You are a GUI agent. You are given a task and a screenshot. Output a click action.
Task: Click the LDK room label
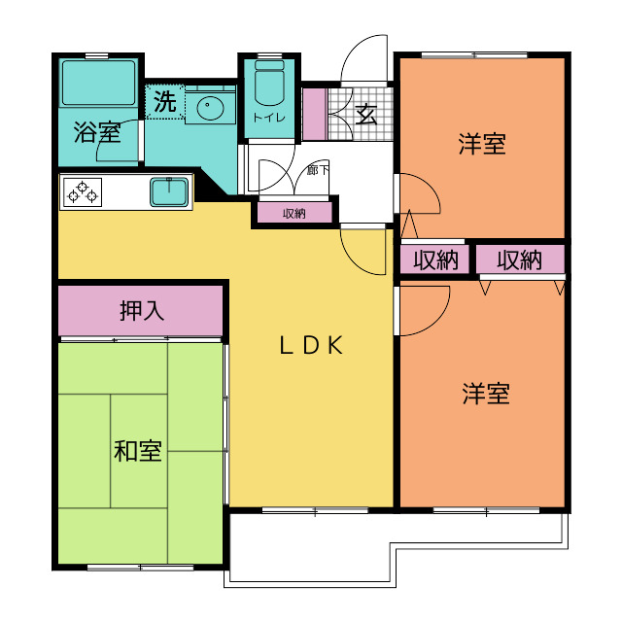click(311, 345)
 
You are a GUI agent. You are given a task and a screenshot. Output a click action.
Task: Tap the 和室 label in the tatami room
click(138, 451)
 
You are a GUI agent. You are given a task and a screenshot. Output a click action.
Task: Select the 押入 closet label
click(142, 311)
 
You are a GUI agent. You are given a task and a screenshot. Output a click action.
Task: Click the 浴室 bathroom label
click(97, 132)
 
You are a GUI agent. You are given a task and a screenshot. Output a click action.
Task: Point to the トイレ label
click(269, 118)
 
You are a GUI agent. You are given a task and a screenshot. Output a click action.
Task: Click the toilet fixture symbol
click(269, 83)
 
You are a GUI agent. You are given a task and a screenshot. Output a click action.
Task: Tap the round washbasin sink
click(210, 106)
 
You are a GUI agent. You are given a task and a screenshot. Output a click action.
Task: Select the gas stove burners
click(82, 192)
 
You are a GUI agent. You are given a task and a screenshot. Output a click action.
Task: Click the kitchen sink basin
click(169, 192)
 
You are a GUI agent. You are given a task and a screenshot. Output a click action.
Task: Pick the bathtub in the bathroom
click(99, 83)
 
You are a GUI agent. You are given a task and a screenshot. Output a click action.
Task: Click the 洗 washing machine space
click(164, 101)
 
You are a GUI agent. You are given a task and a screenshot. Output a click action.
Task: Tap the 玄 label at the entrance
click(366, 115)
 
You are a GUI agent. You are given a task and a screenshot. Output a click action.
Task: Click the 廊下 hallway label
click(318, 171)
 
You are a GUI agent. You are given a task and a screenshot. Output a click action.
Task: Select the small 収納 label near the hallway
click(294, 214)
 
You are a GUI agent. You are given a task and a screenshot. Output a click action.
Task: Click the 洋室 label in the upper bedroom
click(482, 144)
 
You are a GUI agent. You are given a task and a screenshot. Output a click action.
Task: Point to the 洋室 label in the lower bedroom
click(486, 394)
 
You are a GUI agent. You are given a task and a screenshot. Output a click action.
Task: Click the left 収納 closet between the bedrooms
click(434, 259)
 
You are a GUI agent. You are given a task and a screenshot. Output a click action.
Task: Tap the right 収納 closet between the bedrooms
click(520, 259)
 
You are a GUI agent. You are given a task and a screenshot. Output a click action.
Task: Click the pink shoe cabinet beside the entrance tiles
click(315, 114)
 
